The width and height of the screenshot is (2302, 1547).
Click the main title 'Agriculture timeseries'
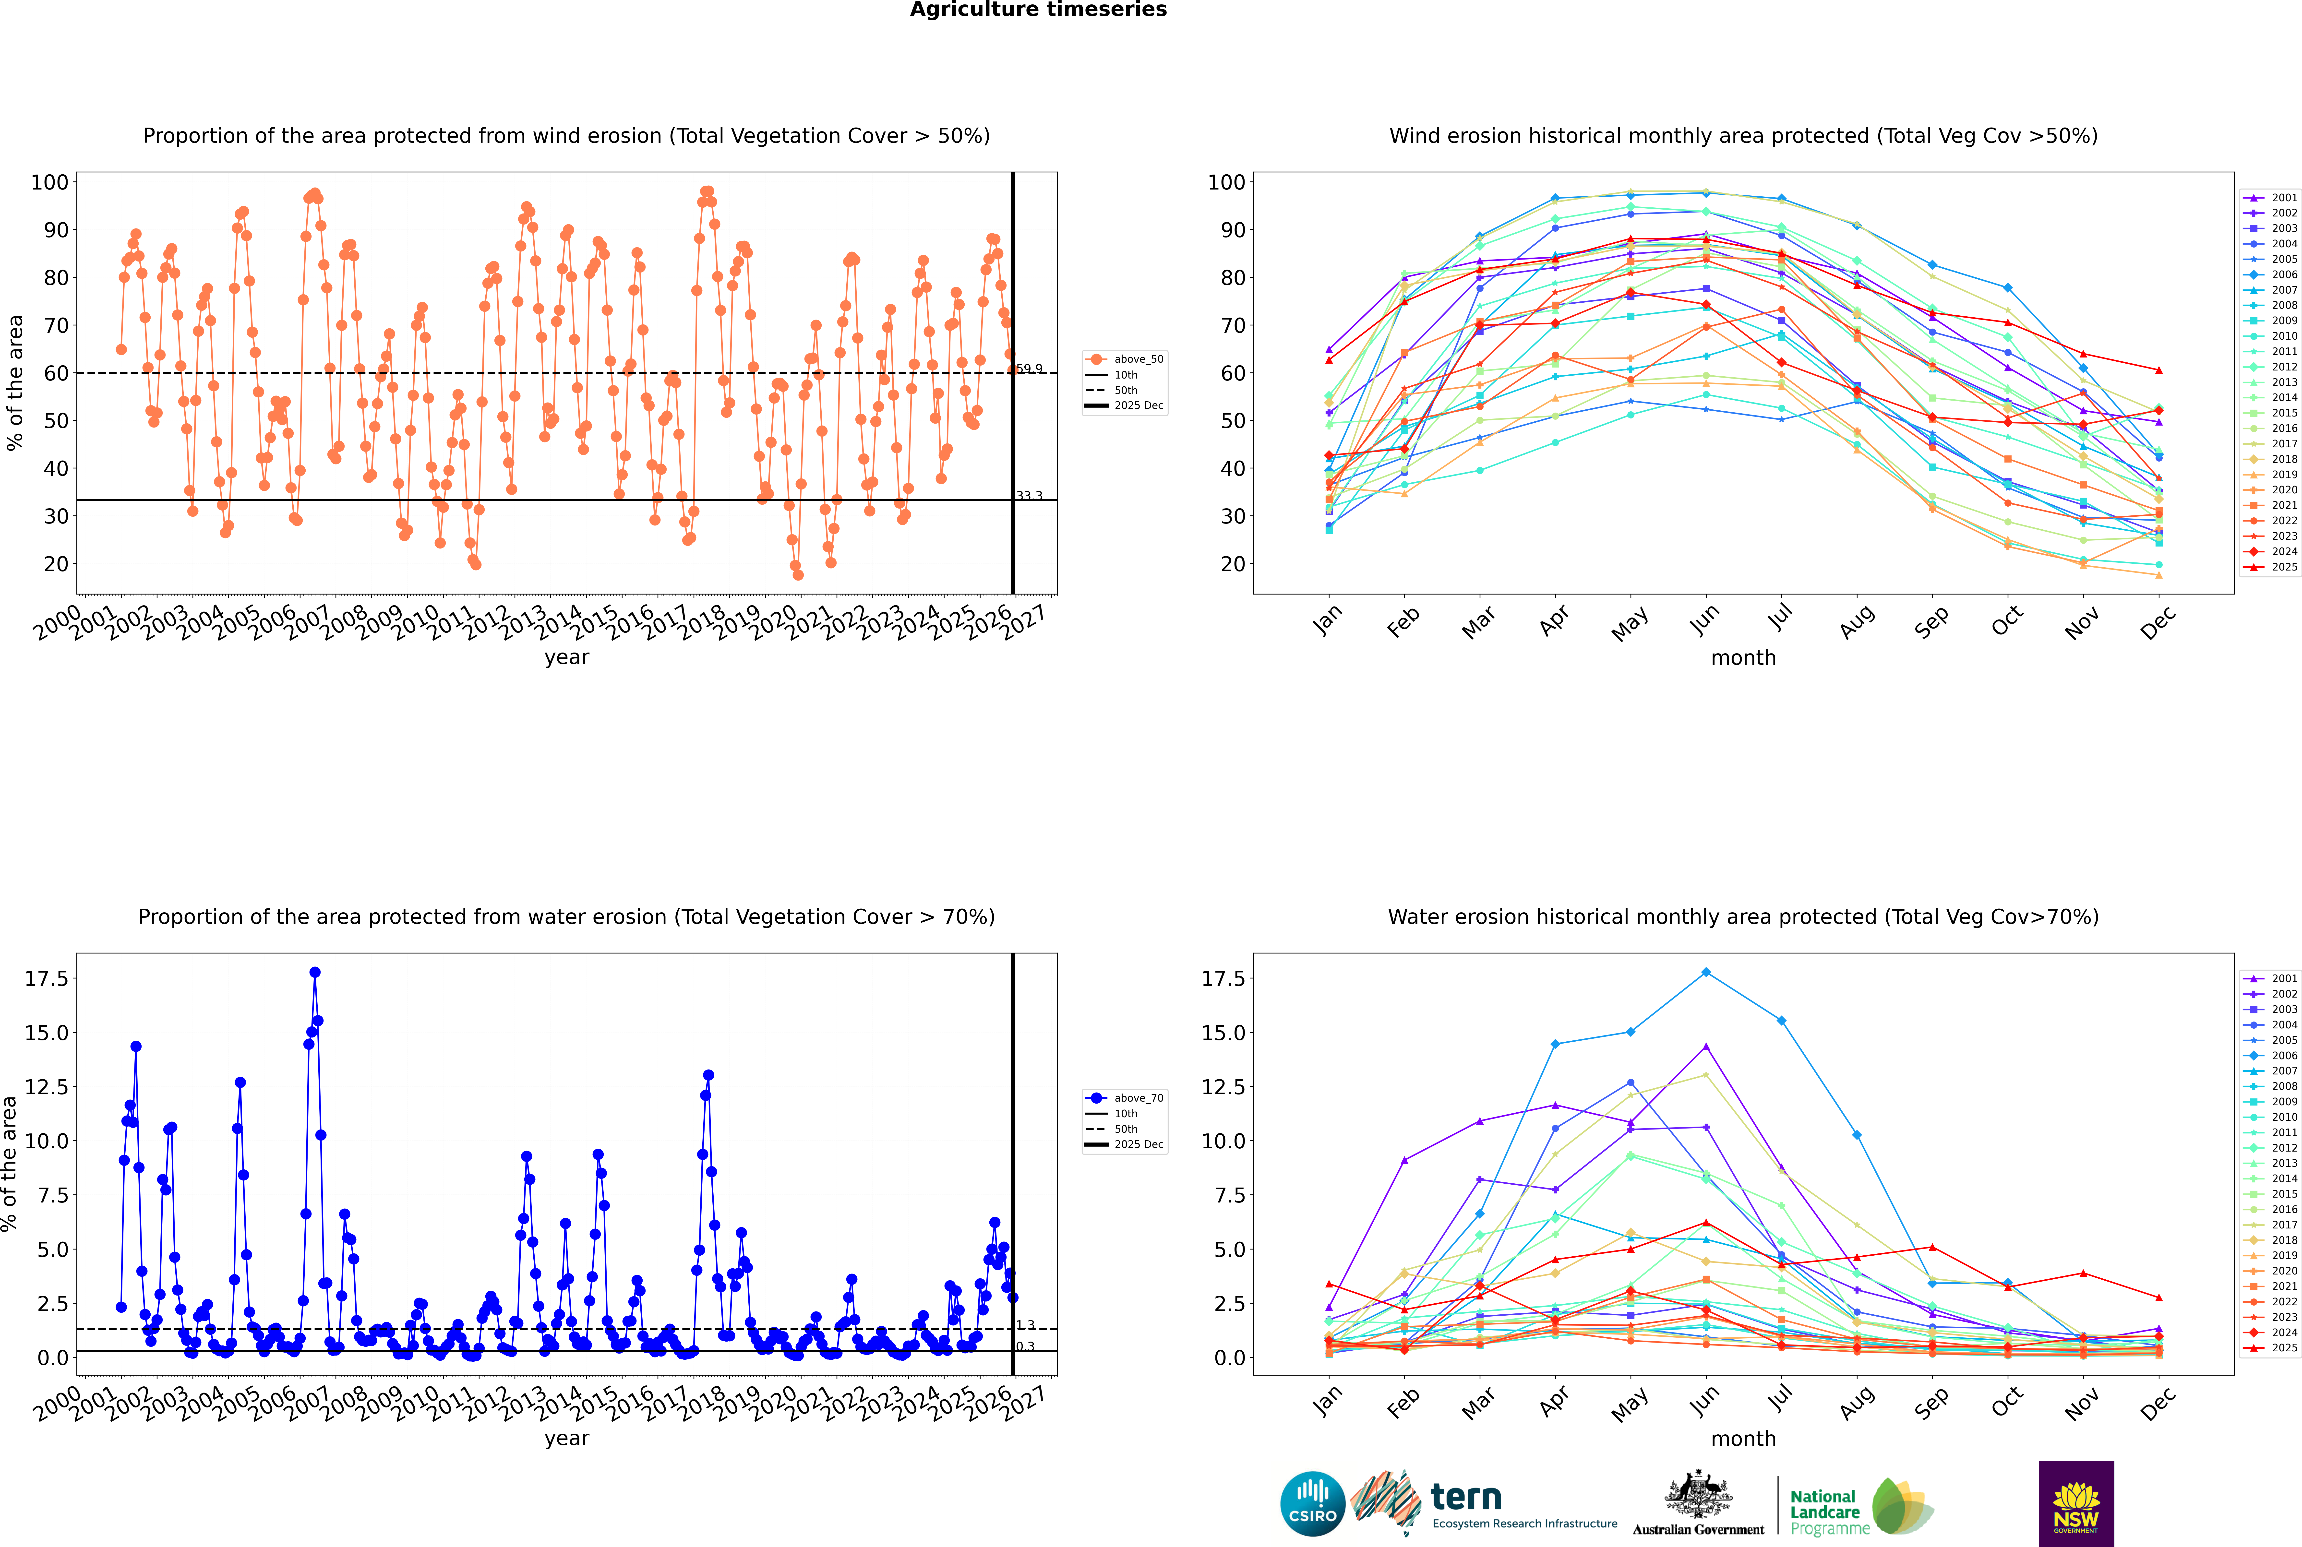tap(1038, 10)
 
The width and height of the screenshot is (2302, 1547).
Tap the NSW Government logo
tap(2076, 1504)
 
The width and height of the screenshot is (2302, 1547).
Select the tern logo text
tap(1466, 1498)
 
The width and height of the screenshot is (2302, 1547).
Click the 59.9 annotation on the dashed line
tap(1029, 369)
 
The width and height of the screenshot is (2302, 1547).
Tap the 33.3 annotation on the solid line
tap(1029, 496)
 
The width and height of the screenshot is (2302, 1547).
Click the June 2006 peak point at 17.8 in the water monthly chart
tap(1706, 973)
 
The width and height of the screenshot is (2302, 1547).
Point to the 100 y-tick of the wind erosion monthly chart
tap(1226, 182)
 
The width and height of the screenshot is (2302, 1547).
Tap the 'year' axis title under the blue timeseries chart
tap(566, 1439)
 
